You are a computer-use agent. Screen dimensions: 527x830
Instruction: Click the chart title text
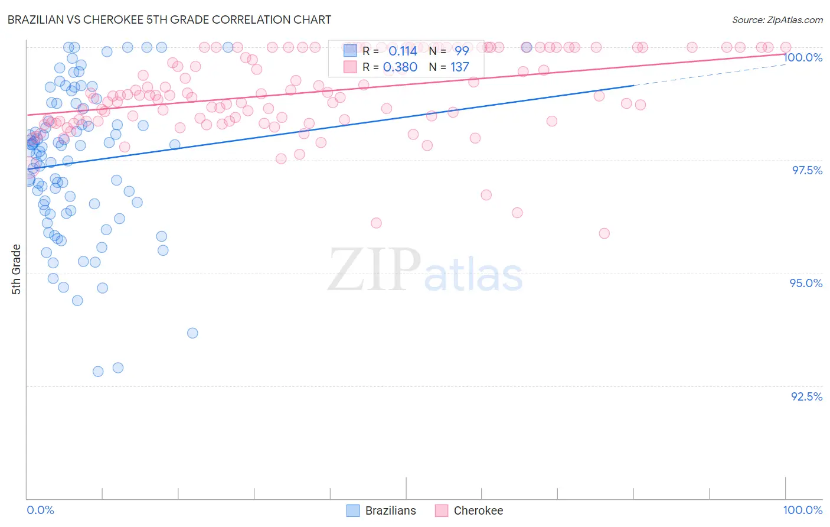(169, 19)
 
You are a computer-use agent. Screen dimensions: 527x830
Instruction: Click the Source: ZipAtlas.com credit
(777, 19)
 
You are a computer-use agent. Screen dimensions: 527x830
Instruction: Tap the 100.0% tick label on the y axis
(803, 57)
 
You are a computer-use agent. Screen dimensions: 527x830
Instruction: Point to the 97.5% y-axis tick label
(806, 170)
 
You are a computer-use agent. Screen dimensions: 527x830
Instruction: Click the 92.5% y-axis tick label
(806, 396)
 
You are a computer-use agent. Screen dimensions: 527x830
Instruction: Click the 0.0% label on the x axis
(40, 510)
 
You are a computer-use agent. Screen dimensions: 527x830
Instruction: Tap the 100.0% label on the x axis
(802, 510)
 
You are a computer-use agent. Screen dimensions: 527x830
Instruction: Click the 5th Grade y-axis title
(16, 269)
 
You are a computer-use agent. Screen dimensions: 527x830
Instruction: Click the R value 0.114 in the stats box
(403, 51)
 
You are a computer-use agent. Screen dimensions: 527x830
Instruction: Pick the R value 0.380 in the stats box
(400, 67)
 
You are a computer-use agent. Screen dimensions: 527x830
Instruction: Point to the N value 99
(462, 51)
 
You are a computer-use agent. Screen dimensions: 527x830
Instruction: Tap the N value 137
(460, 67)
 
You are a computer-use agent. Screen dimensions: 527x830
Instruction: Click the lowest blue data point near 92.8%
(98, 372)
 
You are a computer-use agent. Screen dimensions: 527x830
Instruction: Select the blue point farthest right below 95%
(192, 333)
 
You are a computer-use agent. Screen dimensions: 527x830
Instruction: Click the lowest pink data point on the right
(604, 233)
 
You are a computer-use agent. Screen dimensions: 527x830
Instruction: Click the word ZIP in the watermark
(374, 269)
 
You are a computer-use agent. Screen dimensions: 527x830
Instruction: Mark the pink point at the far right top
(786, 47)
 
